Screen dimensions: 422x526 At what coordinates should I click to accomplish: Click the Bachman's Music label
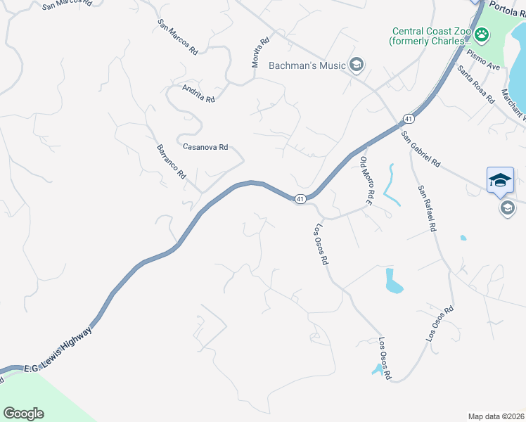tap(307, 65)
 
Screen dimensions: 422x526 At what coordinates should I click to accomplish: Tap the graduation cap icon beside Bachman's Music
tap(357, 65)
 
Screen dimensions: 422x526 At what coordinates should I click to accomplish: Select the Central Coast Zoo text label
tap(430, 36)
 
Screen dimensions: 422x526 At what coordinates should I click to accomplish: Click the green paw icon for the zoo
tap(482, 34)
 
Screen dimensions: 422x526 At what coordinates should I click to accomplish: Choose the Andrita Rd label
tap(198, 94)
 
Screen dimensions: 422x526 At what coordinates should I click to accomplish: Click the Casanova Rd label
tap(205, 147)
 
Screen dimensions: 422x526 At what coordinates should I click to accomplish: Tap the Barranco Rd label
tap(170, 162)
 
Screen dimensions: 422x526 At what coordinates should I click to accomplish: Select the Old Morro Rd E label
tap(365, 181)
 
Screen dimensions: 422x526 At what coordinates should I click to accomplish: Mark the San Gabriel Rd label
tap(421, 148)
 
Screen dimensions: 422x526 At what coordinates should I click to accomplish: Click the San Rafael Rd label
tap(427, 208)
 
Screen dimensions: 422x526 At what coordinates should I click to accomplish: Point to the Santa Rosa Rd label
tap(476, 84)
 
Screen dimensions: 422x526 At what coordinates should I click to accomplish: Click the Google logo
tap(23, 413)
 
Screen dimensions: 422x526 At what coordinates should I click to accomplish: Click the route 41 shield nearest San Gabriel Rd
tap(408, 119)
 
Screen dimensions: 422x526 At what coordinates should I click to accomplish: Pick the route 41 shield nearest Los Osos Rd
tap(300, 199)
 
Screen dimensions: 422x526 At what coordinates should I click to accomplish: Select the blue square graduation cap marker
tap(500, 179)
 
